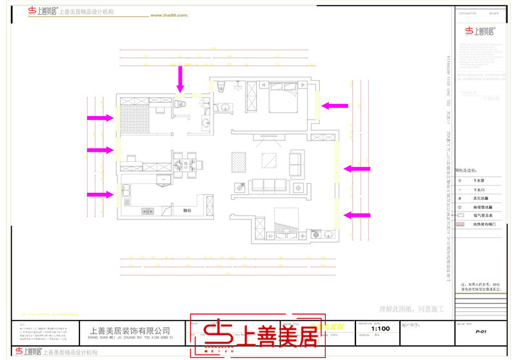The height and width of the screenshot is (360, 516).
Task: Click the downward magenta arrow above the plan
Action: coord(181,80)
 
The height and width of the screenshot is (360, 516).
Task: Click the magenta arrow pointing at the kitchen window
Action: coord(100,193)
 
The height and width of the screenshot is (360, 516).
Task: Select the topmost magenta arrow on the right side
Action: coord(335,105)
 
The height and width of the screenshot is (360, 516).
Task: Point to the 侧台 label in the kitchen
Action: coord(188,211)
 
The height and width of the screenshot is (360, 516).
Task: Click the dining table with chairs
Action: coord(186,163)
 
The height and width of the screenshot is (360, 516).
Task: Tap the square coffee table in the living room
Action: coord(267,161)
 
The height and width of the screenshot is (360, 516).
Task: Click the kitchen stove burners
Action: coord(148,211)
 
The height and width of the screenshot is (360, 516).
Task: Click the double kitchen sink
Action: coord(127,191)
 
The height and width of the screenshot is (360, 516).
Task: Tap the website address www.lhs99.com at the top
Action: coord(169,14)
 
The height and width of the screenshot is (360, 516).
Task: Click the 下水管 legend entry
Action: coord(478,181)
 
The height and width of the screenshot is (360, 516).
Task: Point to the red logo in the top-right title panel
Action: coord(481,30)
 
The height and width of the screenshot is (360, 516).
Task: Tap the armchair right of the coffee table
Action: coord(297,163)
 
